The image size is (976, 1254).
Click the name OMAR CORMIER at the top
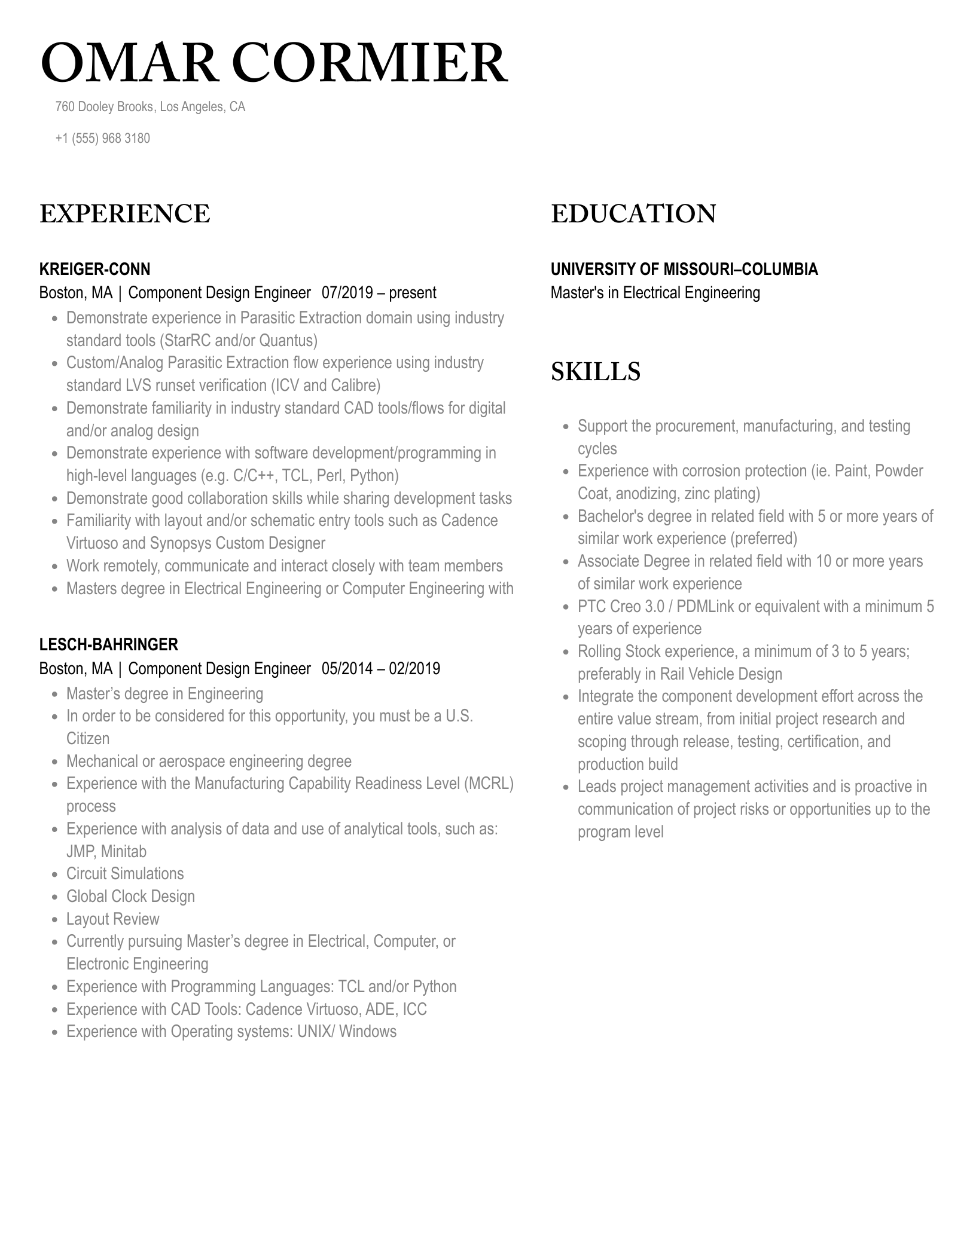(x=274, y=63)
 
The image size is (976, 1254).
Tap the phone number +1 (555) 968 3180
(x=102, y=138)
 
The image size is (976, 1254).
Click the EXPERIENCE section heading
(x=124, y=214)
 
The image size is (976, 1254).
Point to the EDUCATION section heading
(x=633, y=214)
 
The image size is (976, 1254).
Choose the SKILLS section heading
(x=595, y=371)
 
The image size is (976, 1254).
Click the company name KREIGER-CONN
(x=94, y=269)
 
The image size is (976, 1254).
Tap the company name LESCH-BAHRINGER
(x=108, y=644)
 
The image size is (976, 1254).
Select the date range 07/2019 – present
(x=379, y=293)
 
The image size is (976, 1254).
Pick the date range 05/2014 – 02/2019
(x=380, y=668)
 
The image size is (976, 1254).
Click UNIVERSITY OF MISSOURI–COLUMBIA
(x=684, y=269)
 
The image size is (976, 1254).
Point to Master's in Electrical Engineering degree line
(x=655, y=293)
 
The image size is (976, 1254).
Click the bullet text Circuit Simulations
(x=125, y=873)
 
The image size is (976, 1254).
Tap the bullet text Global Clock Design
(x=130, y=896)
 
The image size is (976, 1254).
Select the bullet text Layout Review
(x=112, y=919)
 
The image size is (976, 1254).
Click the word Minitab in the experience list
(x=124, y=851)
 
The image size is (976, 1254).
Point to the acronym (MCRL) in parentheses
(x=489, y=784)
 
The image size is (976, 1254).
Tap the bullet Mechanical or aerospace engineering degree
(x=209, y=761)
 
